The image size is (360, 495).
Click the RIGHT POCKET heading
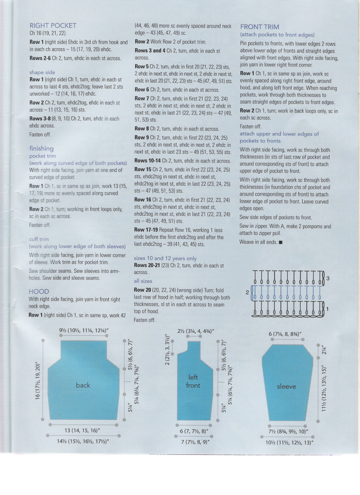(x=53, y=26)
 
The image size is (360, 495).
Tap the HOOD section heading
(x=39, y=292)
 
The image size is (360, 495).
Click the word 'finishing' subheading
(x=41, y=148)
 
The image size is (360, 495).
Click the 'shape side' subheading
(x=42, y=72)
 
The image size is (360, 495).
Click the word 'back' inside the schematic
(x=83, y=385)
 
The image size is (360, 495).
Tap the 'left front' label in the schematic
(x=193, y=382)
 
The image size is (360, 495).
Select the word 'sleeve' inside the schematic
(x=286, y=387)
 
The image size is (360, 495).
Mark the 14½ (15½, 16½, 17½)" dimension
(x=83, y=441)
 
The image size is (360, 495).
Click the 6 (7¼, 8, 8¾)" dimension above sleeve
(x=285, y=334)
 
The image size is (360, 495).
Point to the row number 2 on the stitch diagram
(x=247, y=292)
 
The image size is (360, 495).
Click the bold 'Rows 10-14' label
(x=148, y=161)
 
